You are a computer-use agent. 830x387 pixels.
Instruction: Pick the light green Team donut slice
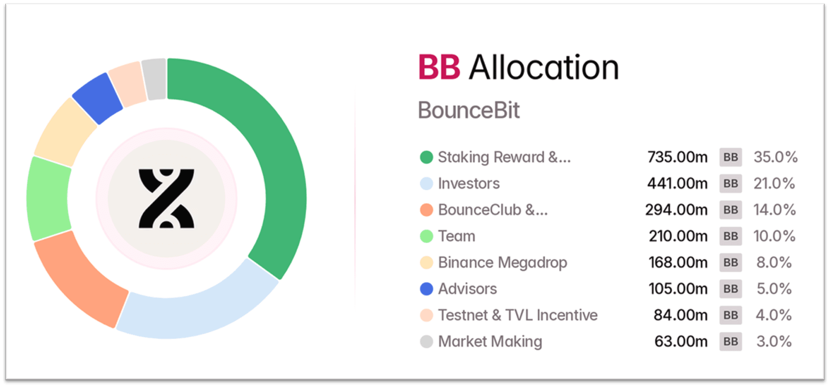[47, 198]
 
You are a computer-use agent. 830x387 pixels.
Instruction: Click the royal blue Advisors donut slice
[97, 98]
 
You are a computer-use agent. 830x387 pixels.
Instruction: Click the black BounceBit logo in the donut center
[166, 198]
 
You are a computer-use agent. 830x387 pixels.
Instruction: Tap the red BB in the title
[439, 67]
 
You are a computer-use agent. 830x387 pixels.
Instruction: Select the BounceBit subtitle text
[469, 110]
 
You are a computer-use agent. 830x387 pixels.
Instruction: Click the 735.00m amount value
[677, 157]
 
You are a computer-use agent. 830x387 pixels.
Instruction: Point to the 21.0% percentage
[774, 183]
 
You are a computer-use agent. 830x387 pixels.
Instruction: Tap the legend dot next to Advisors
[427, 289]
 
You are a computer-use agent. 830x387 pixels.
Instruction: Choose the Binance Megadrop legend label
[502, 263]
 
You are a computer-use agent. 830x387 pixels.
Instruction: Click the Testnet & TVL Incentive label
[518, 315]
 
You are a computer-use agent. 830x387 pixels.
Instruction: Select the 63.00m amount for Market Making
[681, 341]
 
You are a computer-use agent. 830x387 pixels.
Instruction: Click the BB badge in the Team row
[730, 236]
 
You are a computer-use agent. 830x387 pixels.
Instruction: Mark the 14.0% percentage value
[774, 210]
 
